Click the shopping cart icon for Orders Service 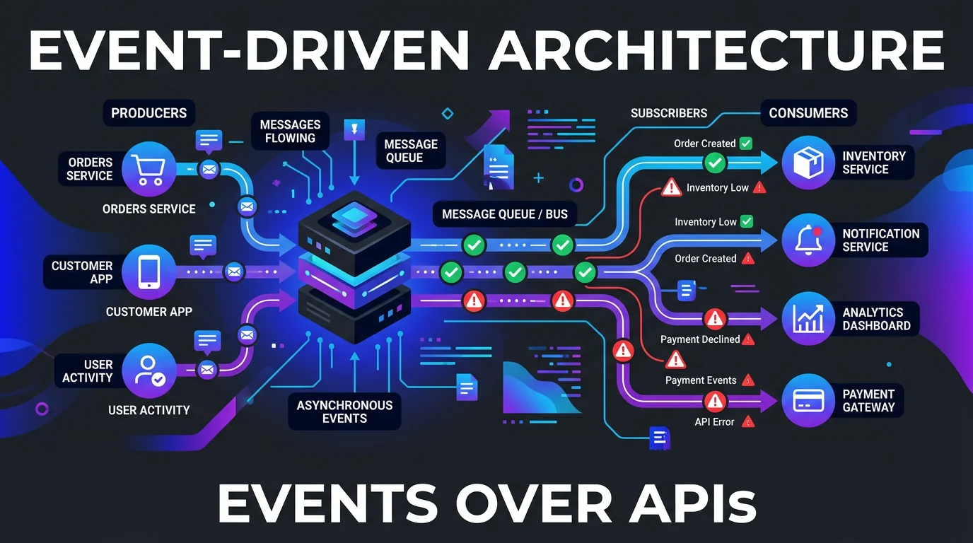pyautogui.click(x=148, y=169)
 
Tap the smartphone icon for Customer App pyautogui.click(x=148, y=271)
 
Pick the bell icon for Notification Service pyautogui.click(x=808, y=240)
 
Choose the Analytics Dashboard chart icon pyautogui.click(x=808, y=319)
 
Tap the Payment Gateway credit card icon pyautogui.click(x=808, y=400)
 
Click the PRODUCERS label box pyautogui.click(x=149, y=113)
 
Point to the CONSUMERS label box pyautogui.click(x=808, y=113)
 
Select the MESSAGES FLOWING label pyautogui.click(x=290, y=132)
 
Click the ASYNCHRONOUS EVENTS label pyautogui.click(x=344, y=411)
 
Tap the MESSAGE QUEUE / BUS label pyautogui.click(x=505, y=214)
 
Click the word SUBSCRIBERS pyautogui.click(x=668, y=113)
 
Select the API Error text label pyautogui.click(x=714, y=422)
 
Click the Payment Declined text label pyautogui.click(x=700, y=339)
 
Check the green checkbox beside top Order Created pyautogui.click(x=745, y=144)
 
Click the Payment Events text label pyautogui.click(x=701, y=380)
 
